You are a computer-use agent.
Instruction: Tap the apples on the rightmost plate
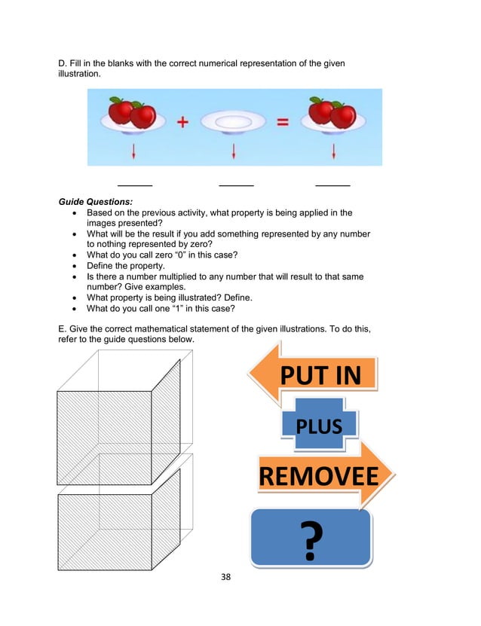coord(332,113)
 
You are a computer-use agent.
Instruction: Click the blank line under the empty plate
coord(236,185)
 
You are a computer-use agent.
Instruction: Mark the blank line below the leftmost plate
coord(135,185)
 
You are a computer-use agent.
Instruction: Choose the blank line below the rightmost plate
coord(332,185)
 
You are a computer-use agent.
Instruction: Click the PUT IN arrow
coord(317,374)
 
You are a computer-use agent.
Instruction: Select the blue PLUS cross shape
coord(319,426)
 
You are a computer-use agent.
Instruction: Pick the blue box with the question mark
coord(311,537)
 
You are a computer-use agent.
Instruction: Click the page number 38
coord(225,578)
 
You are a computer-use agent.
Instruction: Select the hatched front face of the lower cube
coord(105,530)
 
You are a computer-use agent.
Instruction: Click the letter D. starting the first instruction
coord(63,63)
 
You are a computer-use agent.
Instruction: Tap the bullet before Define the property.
coord(73,266)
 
